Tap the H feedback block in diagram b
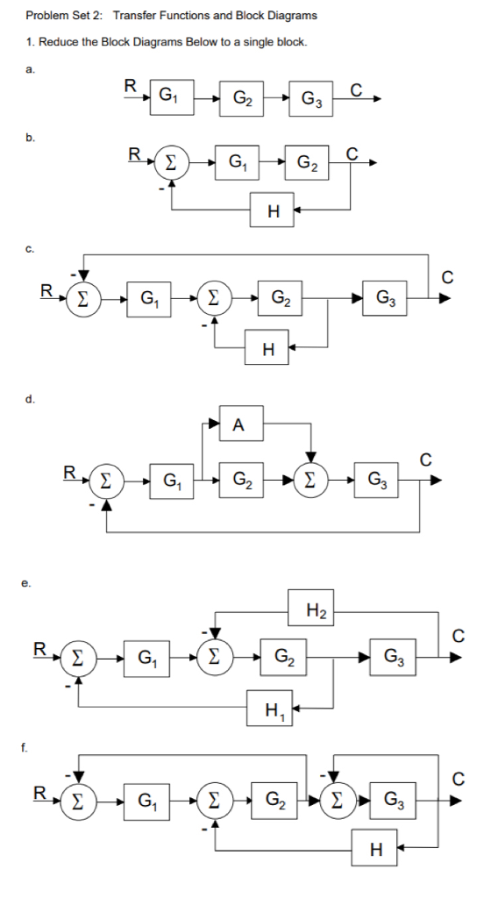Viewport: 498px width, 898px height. [274, 210]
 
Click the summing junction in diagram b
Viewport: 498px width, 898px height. [171, 162]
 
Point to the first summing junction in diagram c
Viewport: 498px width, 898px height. [82, 297]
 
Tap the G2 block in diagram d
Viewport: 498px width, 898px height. [239, 480]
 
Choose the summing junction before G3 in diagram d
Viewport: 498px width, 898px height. [309, 480]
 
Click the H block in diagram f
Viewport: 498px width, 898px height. [376, 848]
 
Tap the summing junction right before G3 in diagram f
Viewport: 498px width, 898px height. [334, 800]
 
